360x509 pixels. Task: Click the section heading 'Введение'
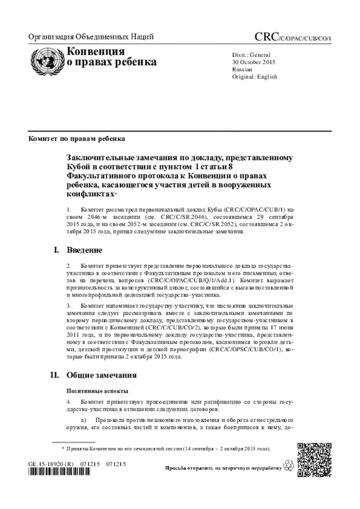pyautogui.click(x=84, y=250)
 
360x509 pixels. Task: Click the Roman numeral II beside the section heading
pyautogui.click(x=55, y=375)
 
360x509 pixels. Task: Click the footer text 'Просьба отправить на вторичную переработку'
pyautogui.click(x=223, y=468)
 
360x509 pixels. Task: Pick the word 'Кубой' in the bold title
pyautogui.click(x=80, y=167)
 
